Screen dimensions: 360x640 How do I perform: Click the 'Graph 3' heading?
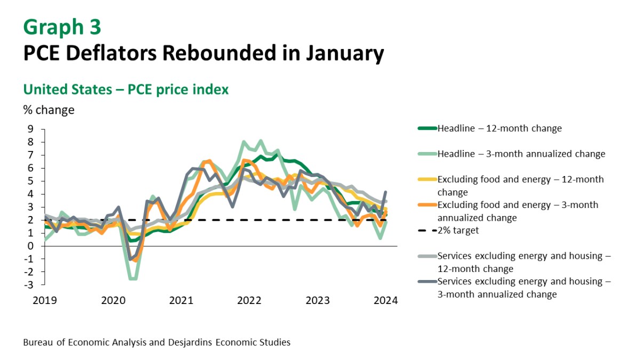pos(62,26)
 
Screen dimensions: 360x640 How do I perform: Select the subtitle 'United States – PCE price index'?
pos(126,90)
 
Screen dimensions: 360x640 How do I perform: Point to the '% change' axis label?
pos(49,110)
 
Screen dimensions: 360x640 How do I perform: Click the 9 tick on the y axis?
pos(30,129)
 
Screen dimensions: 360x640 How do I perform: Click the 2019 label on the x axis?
pos(45,301)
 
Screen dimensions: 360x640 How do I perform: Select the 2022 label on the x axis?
pos(249,301)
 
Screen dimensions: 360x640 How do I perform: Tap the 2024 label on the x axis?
pos(386,301)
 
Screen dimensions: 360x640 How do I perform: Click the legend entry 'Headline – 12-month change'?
pos(499,129)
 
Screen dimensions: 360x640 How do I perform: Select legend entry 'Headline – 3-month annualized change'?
pos(521,154)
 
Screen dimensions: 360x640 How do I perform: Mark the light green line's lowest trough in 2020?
pos(132,278)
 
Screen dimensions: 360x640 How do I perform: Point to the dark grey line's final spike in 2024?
pos(386,192)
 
